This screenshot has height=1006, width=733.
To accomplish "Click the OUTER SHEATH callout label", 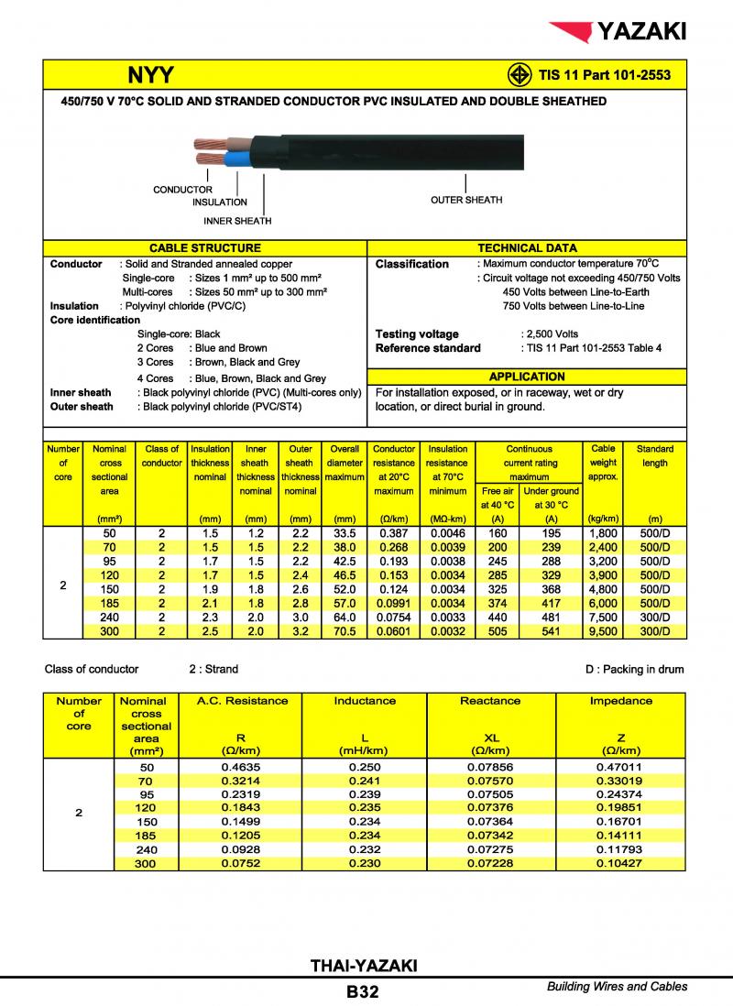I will [466, 200].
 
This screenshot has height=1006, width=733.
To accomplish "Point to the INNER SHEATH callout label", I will [237, 221].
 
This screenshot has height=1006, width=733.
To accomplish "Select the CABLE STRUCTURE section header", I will [204, 248].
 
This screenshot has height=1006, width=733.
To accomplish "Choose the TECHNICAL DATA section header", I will [527, 248].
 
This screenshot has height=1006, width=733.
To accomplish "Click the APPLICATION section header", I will [527, 377].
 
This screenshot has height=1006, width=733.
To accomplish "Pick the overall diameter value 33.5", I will [345, 532].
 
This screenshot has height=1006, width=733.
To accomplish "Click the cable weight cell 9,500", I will [603, 631].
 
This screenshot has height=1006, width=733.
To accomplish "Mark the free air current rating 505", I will [498, 631].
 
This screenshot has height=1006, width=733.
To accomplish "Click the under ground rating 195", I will [551, 532].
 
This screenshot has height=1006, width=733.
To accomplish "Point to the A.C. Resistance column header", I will [243, 701].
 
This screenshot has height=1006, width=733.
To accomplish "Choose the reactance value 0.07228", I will [490, 863].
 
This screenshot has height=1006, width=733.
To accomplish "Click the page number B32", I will [363, 991].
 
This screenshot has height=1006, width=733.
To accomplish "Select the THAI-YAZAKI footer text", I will [364, 966].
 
